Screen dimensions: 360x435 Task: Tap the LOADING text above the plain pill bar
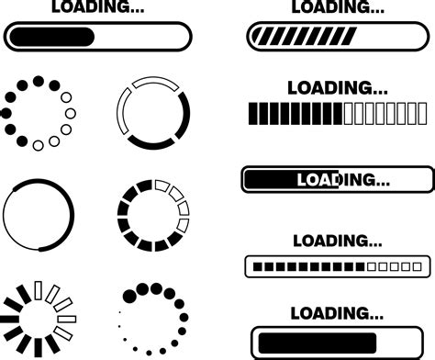coord(97,7)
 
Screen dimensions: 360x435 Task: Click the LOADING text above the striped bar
coord(338,7)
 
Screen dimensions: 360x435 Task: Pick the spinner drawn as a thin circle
coord(38,216)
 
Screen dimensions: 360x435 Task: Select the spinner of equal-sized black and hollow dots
coord(39,114)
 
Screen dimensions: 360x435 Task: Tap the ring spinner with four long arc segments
coord(153,115)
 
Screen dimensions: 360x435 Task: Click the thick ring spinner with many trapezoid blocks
coord(153,217)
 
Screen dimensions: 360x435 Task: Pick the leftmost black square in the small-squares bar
coord(258,266)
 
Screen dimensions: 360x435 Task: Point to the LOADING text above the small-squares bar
coord(337,241)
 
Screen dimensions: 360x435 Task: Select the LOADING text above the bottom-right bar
coord(337,310)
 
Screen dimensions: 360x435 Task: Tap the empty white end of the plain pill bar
coord(142,37)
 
